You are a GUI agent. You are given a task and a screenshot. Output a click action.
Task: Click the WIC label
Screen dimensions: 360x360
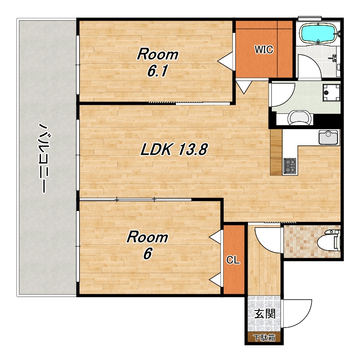point(264,49)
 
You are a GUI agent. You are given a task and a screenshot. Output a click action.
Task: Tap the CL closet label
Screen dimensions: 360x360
point(233,260)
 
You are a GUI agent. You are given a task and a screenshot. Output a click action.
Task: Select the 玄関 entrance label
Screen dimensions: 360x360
point(265,314)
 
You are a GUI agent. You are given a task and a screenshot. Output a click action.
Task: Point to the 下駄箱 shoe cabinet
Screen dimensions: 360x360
point(264,338)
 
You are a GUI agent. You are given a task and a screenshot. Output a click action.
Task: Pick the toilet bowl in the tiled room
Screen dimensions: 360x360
point(328,241)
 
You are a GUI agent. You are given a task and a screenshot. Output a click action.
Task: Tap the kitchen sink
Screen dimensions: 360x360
point(328,137)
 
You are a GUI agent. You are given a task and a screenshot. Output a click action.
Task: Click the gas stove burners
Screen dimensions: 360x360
point(290,165)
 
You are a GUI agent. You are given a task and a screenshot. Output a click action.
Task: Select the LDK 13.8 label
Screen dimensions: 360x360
point(174,149)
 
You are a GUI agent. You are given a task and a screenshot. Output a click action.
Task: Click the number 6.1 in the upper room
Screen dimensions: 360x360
point(157,71)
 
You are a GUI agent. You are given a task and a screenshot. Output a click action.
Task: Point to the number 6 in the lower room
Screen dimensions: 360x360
point(148,254)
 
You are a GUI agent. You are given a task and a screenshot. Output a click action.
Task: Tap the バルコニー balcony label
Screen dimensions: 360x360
point(43,158)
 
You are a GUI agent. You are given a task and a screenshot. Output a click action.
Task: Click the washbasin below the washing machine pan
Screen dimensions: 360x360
point(300,117)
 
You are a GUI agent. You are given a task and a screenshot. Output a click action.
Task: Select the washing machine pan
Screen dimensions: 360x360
point(331,93)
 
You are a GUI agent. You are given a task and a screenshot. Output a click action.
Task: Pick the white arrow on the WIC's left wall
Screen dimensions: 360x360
point(225,60)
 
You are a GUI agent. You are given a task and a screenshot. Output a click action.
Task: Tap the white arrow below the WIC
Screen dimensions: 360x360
point(244,86)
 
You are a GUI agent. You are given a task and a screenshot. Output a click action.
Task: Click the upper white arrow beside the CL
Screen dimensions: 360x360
point(216,237)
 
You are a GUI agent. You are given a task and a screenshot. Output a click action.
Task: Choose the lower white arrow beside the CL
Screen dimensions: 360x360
point(216,280)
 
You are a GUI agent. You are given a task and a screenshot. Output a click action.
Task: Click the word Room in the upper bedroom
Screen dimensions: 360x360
point(158,54)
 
